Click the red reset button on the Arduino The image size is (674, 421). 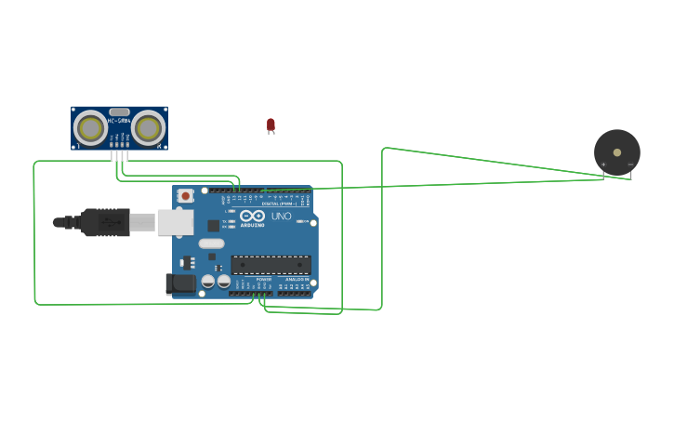(185, 195)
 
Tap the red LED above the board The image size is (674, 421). (271, 124)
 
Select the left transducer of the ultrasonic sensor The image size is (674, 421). (90, 126)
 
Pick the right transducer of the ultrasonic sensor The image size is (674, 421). (148, 126)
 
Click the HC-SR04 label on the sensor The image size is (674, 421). (119, 121)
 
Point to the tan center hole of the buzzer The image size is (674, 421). (617, 151)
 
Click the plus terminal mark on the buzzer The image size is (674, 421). (603, 164)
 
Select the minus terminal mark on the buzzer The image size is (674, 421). (630, 164)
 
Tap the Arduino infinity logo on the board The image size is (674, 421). (252, 216)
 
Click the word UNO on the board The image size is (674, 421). (281, 216)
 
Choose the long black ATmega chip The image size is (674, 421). (271, 265)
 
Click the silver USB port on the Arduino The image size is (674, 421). (175, 222)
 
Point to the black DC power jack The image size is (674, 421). (181, 283)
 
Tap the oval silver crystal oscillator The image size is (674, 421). (211, 243)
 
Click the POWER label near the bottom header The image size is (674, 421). (264, 278)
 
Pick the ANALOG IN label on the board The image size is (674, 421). (297, 278)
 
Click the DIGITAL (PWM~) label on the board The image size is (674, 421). (279, 203)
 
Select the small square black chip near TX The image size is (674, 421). (213, 225)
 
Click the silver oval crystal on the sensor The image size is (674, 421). (119, 112)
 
